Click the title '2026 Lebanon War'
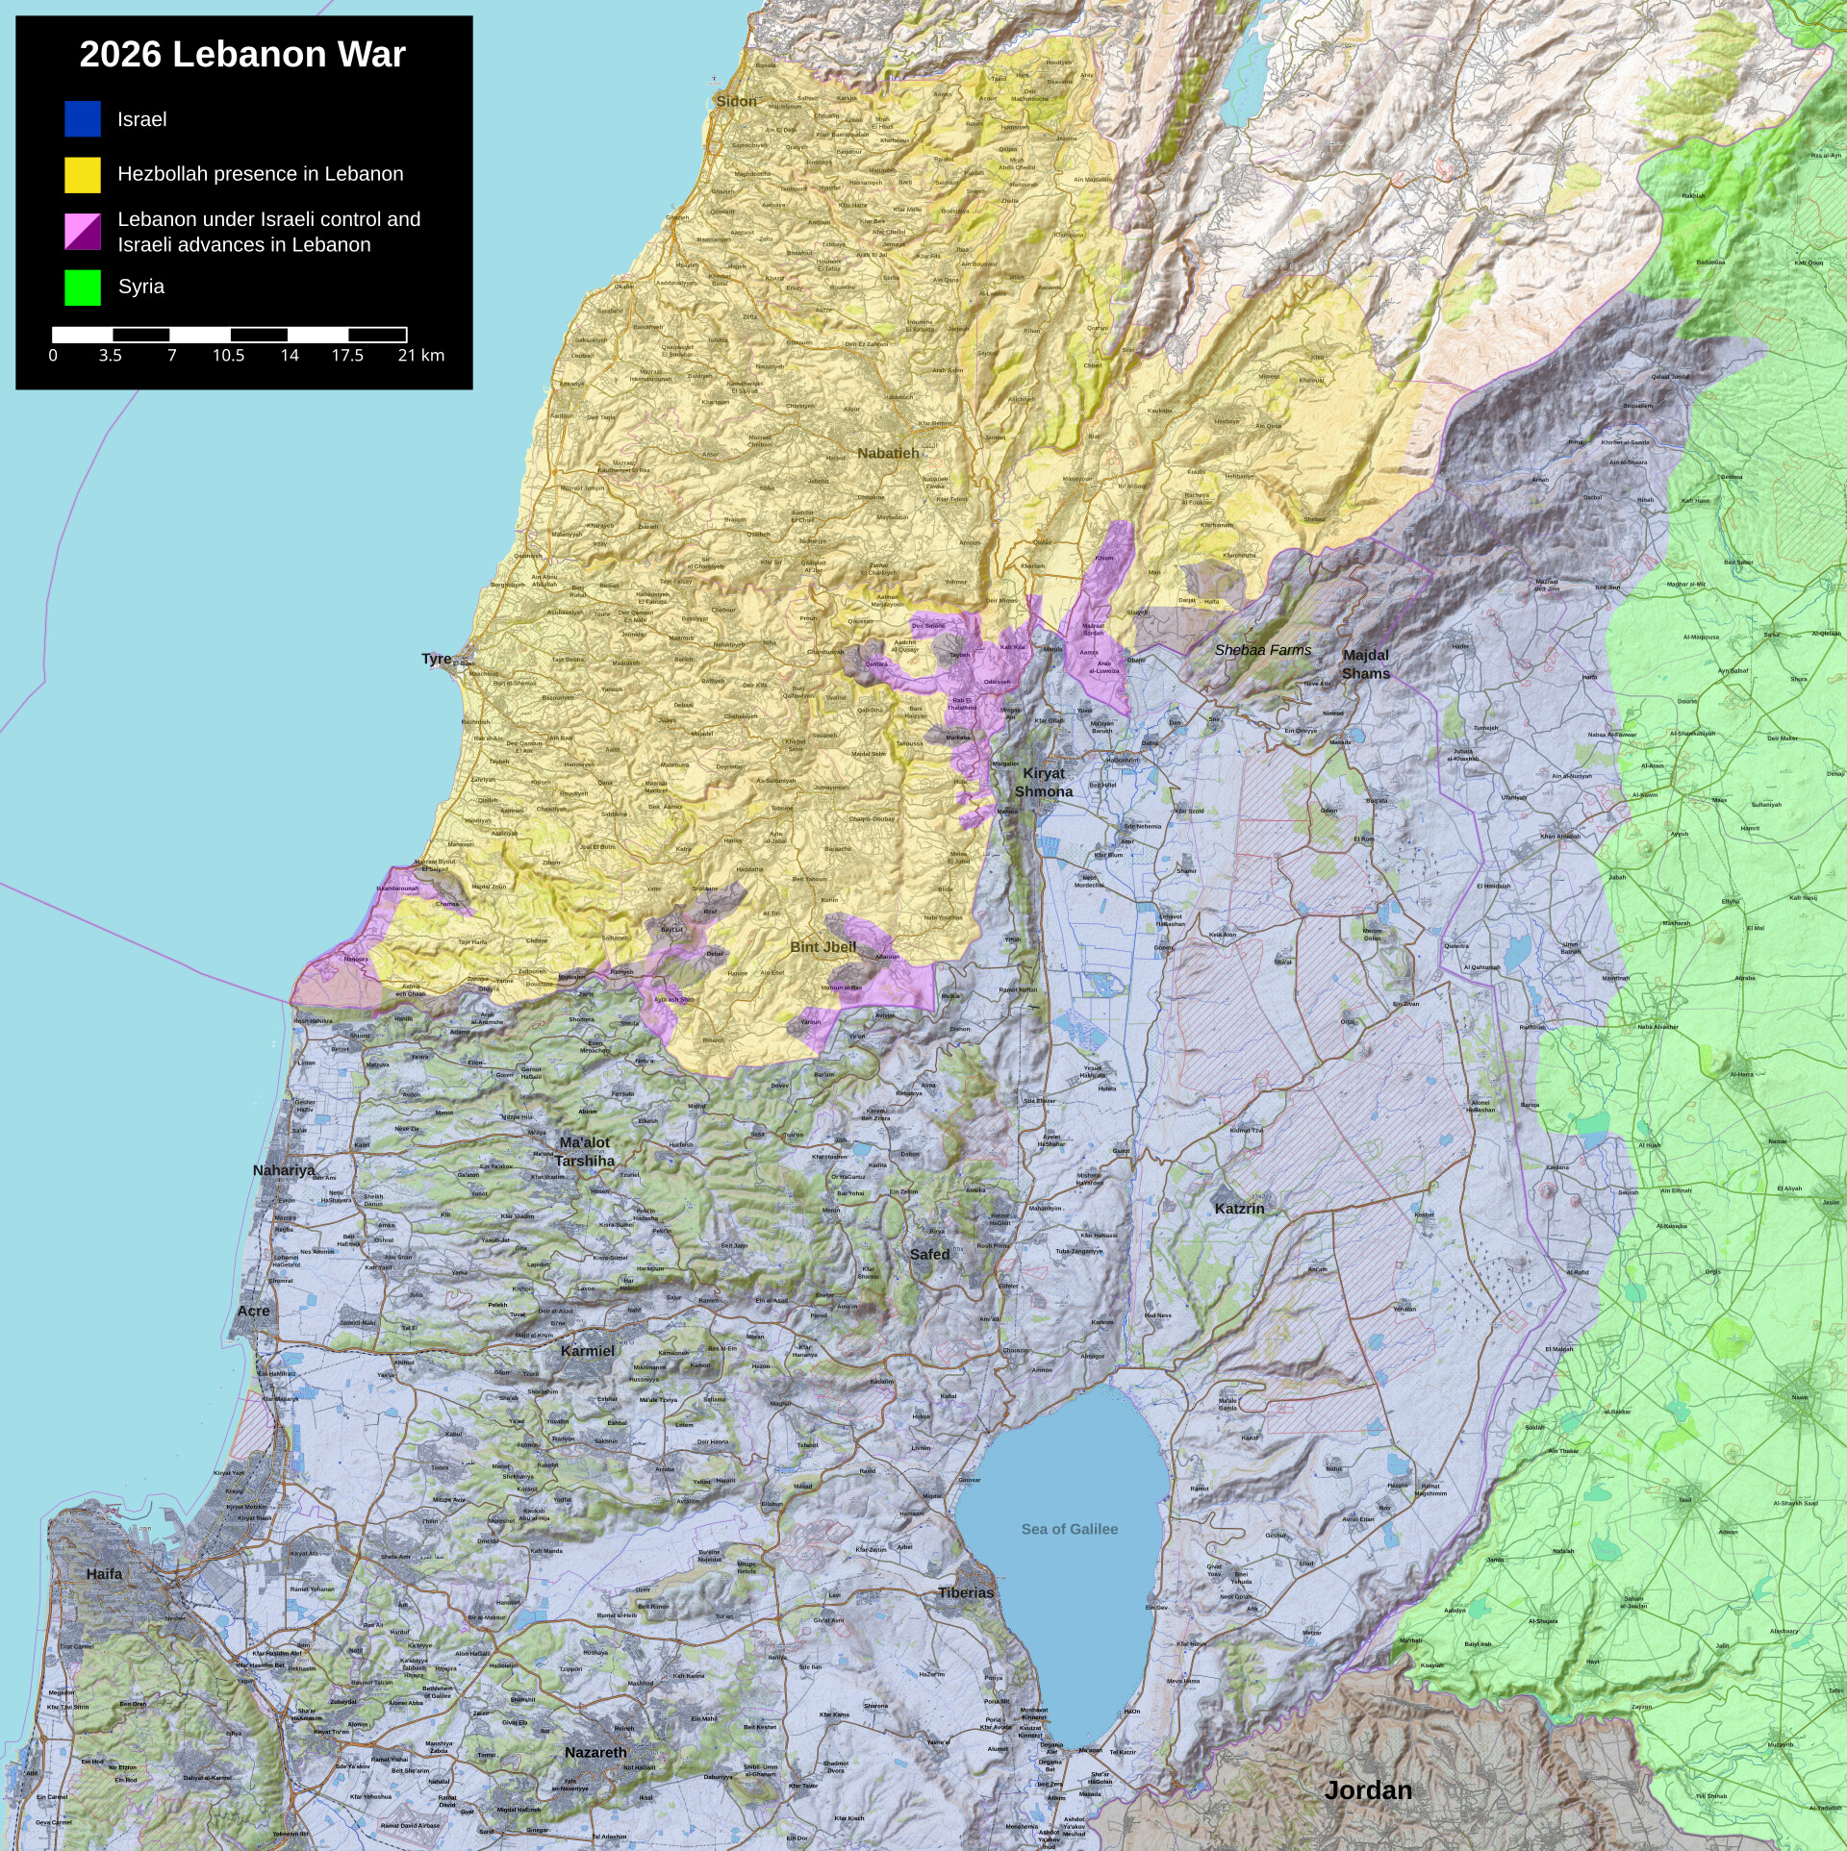[242, 55]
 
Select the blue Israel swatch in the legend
[83, 119]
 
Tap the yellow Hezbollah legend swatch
[83, 174]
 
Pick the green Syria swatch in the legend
[83, 288]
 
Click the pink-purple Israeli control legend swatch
[83, 232]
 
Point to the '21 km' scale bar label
[420, 356]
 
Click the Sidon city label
[736, 101]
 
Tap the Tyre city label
[436, 659]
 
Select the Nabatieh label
[888, 453]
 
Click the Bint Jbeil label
[822, 947]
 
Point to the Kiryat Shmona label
[1044, 783]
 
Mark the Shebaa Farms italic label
[1262, 651]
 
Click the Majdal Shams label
[1366, 664]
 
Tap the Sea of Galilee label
[1069, 1529]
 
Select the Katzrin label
[1239, 1209]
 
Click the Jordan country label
[1368, 1790]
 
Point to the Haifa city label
[104, 1574]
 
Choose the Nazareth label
[595, 1753]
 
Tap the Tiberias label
[966, 1592]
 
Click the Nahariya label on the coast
[283, 1170]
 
